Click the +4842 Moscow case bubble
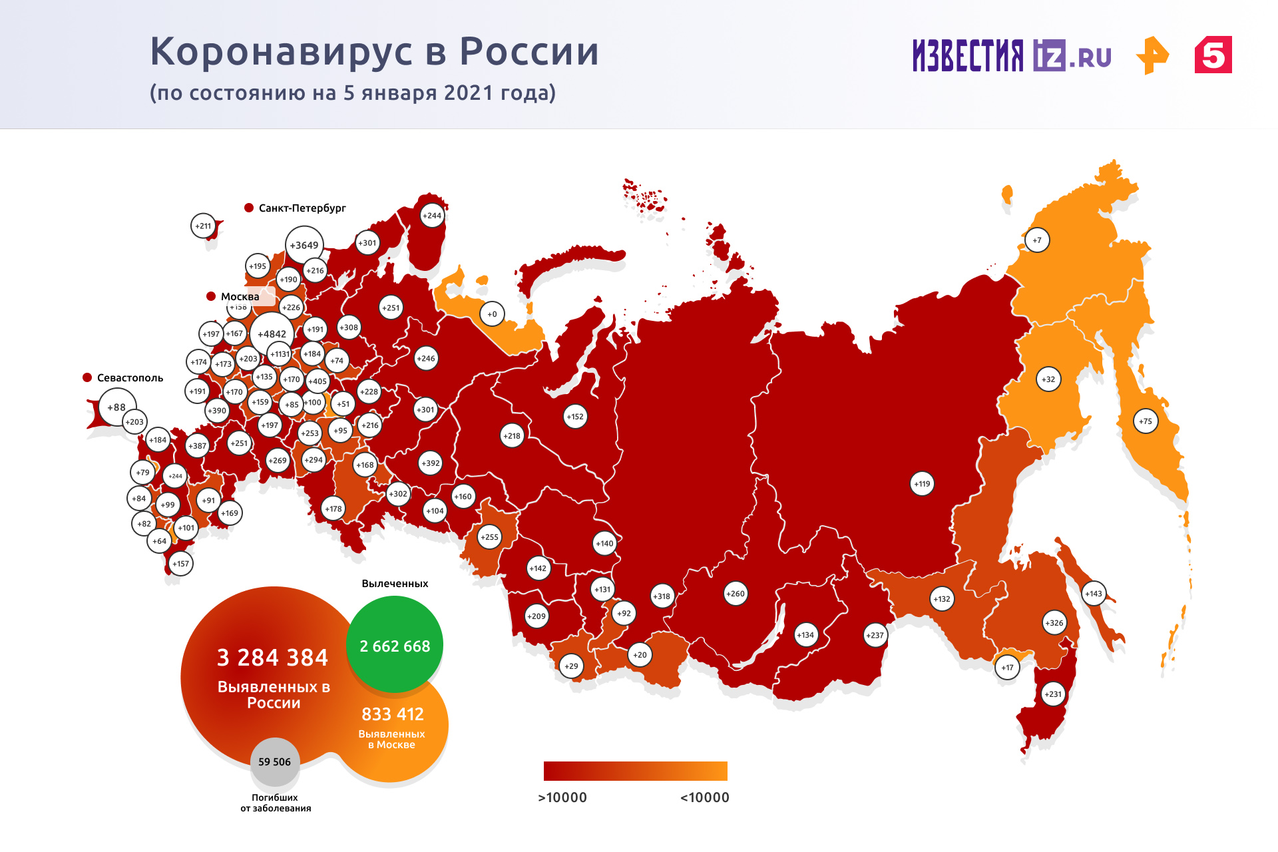point(272,334)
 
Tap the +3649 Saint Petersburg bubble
point(304,246)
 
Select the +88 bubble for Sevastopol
point(116,407)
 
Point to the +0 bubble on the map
point(492,314)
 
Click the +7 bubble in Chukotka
point(1037,240)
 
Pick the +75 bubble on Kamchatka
point(1145,421)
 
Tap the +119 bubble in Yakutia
point(922,484)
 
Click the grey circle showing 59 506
point(274,762)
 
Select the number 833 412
point(393,714)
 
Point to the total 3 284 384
point(272,658)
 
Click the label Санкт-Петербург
point(302,208)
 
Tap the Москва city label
point(240,297)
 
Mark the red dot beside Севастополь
point(87,377)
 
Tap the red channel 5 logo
point(1213,55)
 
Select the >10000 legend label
point(562,797)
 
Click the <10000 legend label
point(704,797)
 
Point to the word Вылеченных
point(395,584)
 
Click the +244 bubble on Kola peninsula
point(432,216)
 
